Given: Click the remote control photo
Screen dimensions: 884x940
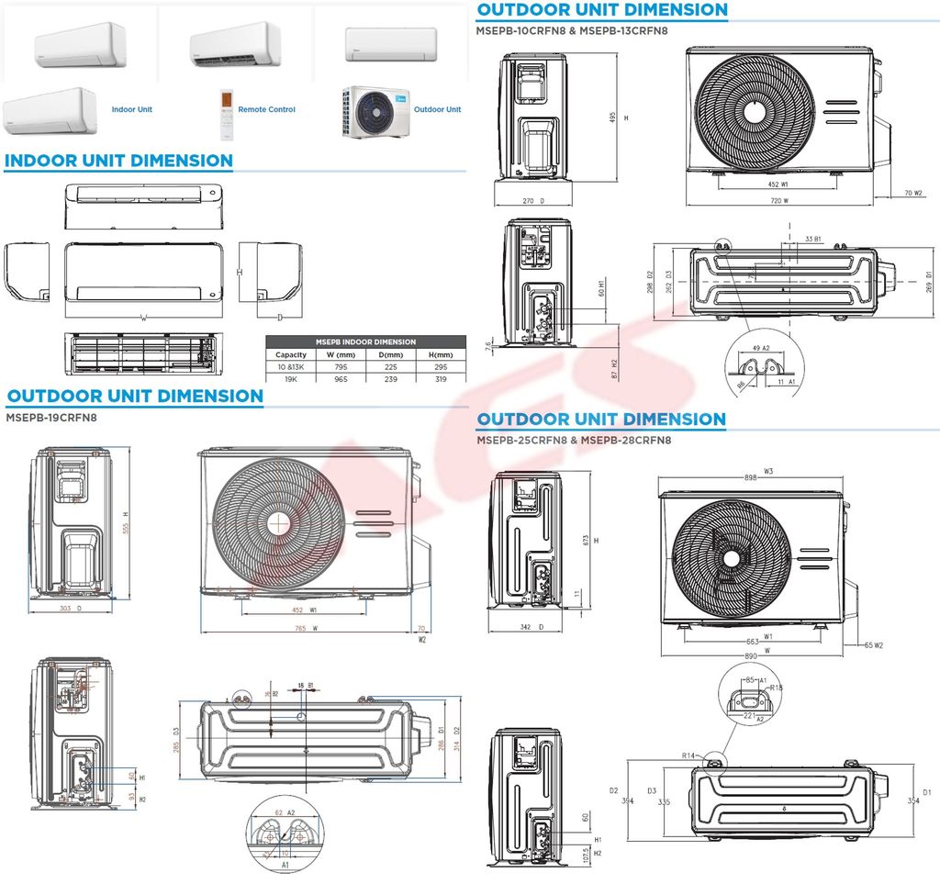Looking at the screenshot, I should tap(227, 114).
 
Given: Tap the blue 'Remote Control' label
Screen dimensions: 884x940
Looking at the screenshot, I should tap(266, 109).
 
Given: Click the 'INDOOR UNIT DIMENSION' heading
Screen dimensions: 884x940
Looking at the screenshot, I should tap(118, 161).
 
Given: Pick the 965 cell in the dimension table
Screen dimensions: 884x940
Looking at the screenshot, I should tap(341, 377).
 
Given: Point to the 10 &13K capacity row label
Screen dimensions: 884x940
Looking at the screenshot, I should tap(291, 366).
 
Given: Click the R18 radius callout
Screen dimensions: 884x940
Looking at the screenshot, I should tap(777, 687).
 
